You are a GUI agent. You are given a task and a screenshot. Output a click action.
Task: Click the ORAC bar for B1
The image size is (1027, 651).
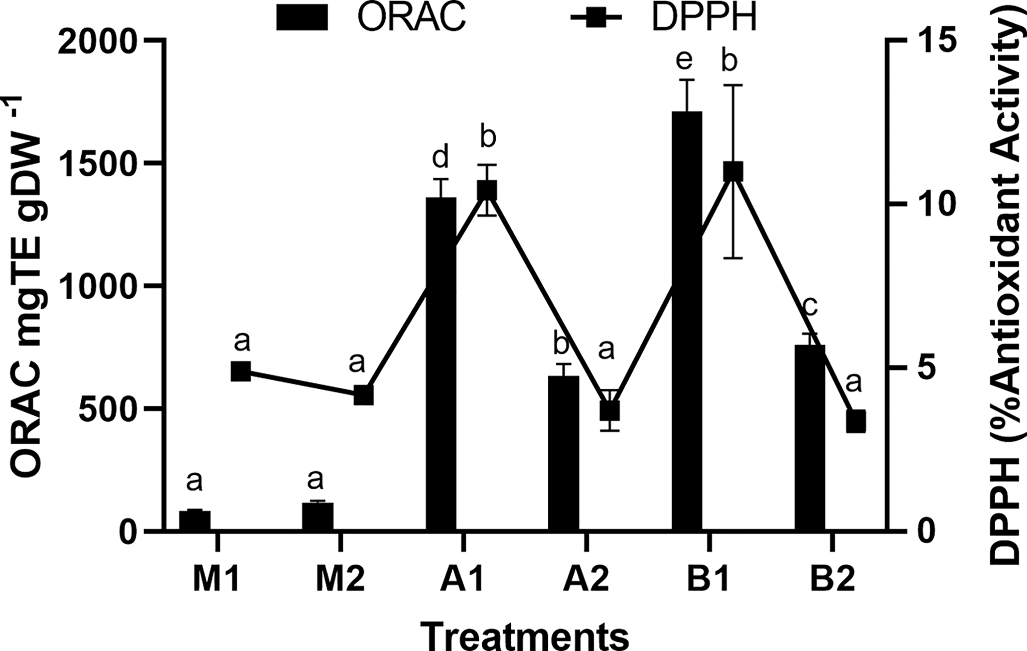pyautogui.click(x=686, y=321)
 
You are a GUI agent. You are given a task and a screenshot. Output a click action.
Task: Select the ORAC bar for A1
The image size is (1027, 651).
pyautogui.click(x=441, y=364)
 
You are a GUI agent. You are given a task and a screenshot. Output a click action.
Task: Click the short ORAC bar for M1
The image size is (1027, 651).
pyautogui.click(x=195, y=521)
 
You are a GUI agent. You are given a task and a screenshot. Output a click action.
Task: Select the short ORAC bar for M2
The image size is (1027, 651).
pyautogui.click(x=318, y=517)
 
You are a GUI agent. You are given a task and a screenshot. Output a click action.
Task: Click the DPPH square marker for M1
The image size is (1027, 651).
pyautogui.click(x=241, y=371)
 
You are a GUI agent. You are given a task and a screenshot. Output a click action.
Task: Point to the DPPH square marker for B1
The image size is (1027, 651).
pyautogui.click(x=733, y=172)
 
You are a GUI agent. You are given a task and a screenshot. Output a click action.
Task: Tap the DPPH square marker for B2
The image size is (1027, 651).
pyautogui.click(x=856, y=421)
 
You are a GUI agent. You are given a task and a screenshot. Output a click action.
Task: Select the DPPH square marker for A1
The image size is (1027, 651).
pyautogui.click(x=487, y=190)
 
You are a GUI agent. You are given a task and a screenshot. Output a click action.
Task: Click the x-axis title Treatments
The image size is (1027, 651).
pyautogui.click(x=524, y=635)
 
